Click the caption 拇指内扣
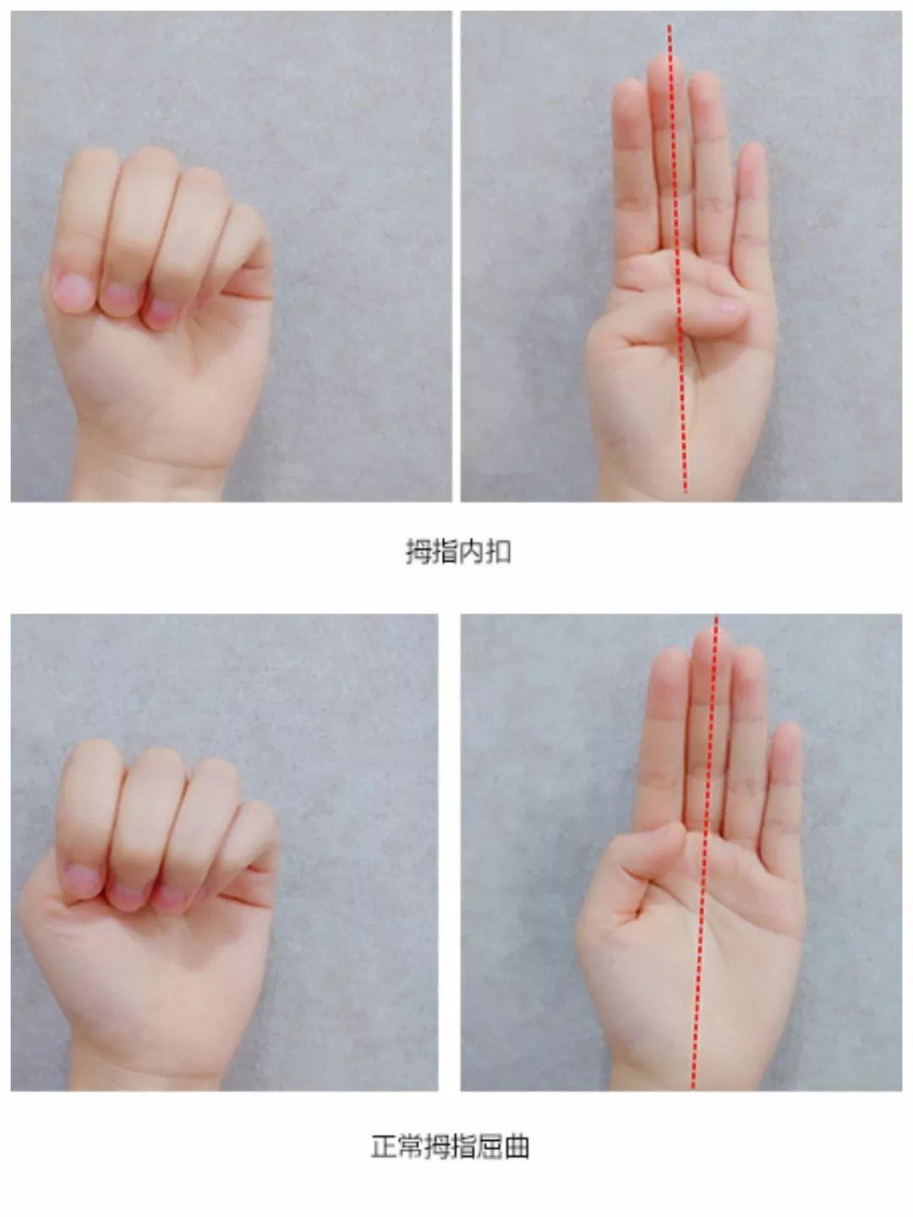point(458,552)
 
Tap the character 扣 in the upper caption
point(499,552)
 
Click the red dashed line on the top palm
point(677,259)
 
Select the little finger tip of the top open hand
point(752,156)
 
